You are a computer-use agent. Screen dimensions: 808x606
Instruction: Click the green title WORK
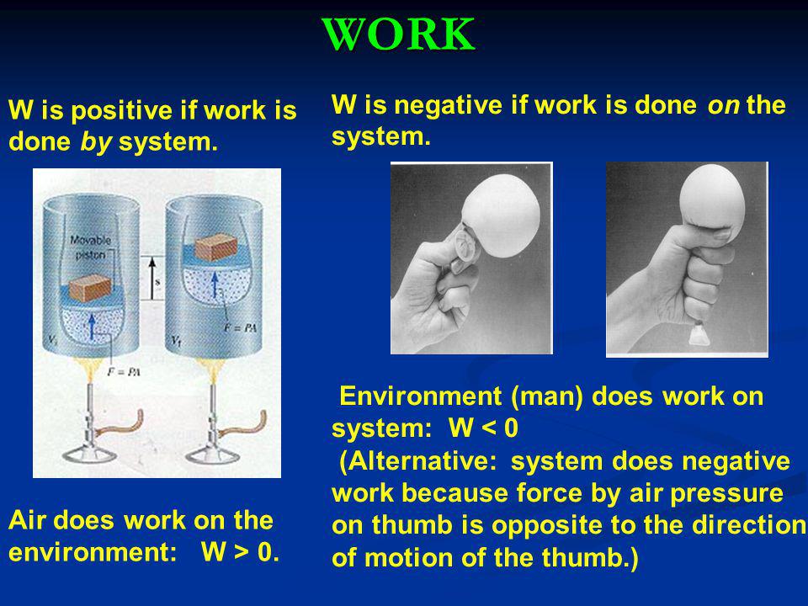[398, 34]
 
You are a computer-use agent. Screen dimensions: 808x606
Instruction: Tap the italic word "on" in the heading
[723, 106]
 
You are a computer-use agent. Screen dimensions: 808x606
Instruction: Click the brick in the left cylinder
[90, 288]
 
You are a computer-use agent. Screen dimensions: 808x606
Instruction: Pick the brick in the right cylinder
[215, 247]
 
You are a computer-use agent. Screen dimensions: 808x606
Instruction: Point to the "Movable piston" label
[90, 247]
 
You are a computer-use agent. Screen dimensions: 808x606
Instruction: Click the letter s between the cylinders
[157, 281]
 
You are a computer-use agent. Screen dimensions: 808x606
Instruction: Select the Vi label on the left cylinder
[52, 339]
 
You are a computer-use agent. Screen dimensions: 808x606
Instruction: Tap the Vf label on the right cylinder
[176, 341]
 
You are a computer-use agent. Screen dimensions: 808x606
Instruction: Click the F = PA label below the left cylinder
[124, 371]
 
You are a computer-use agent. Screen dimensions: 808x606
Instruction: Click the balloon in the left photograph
[501, 215]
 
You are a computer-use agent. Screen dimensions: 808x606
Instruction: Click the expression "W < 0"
[483, 428]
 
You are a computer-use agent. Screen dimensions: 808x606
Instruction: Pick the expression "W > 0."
[240, 551]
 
